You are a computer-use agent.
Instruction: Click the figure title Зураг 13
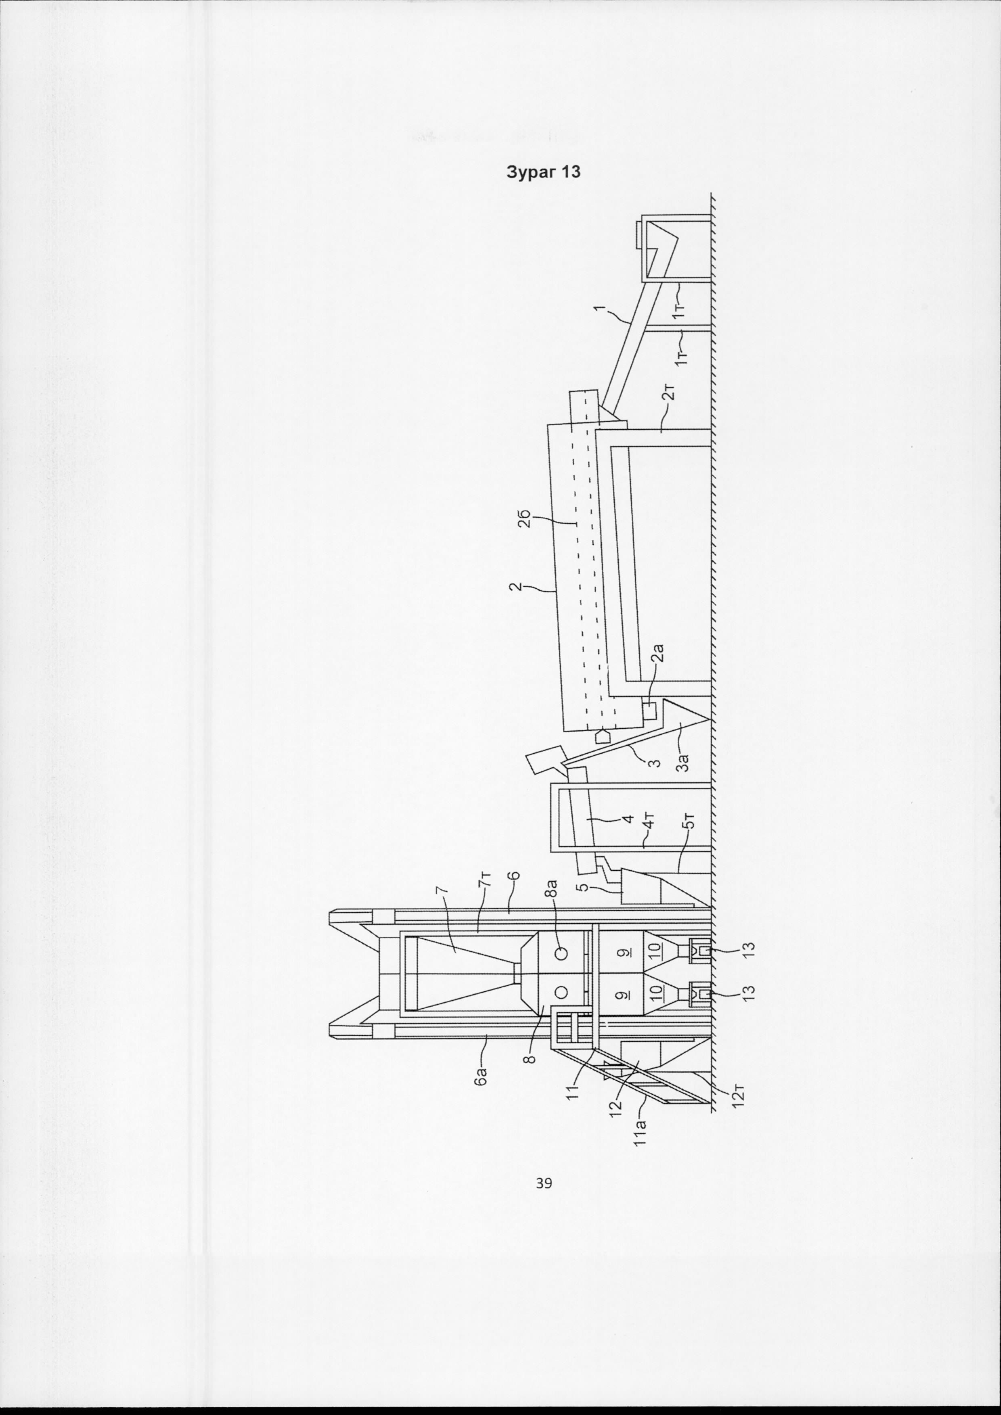(543, 172)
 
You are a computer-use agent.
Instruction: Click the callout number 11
(573, 1092)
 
